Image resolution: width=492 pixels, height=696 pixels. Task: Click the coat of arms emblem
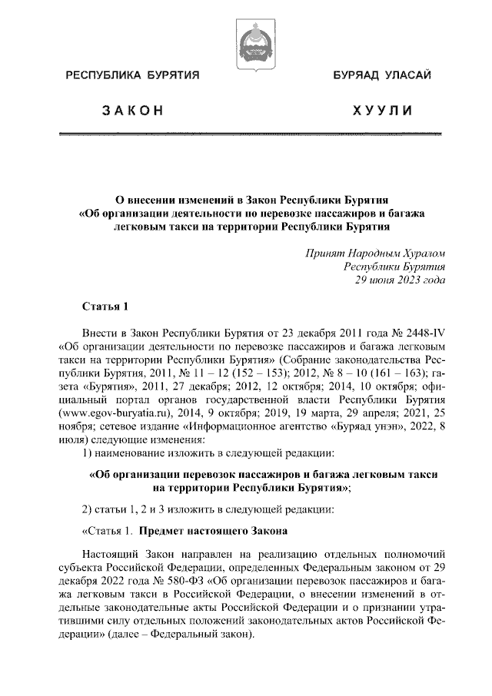pyautogui.click(x=246, y=44)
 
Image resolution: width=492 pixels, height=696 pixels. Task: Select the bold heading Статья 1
pyautogui.click(x=104, y=307)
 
